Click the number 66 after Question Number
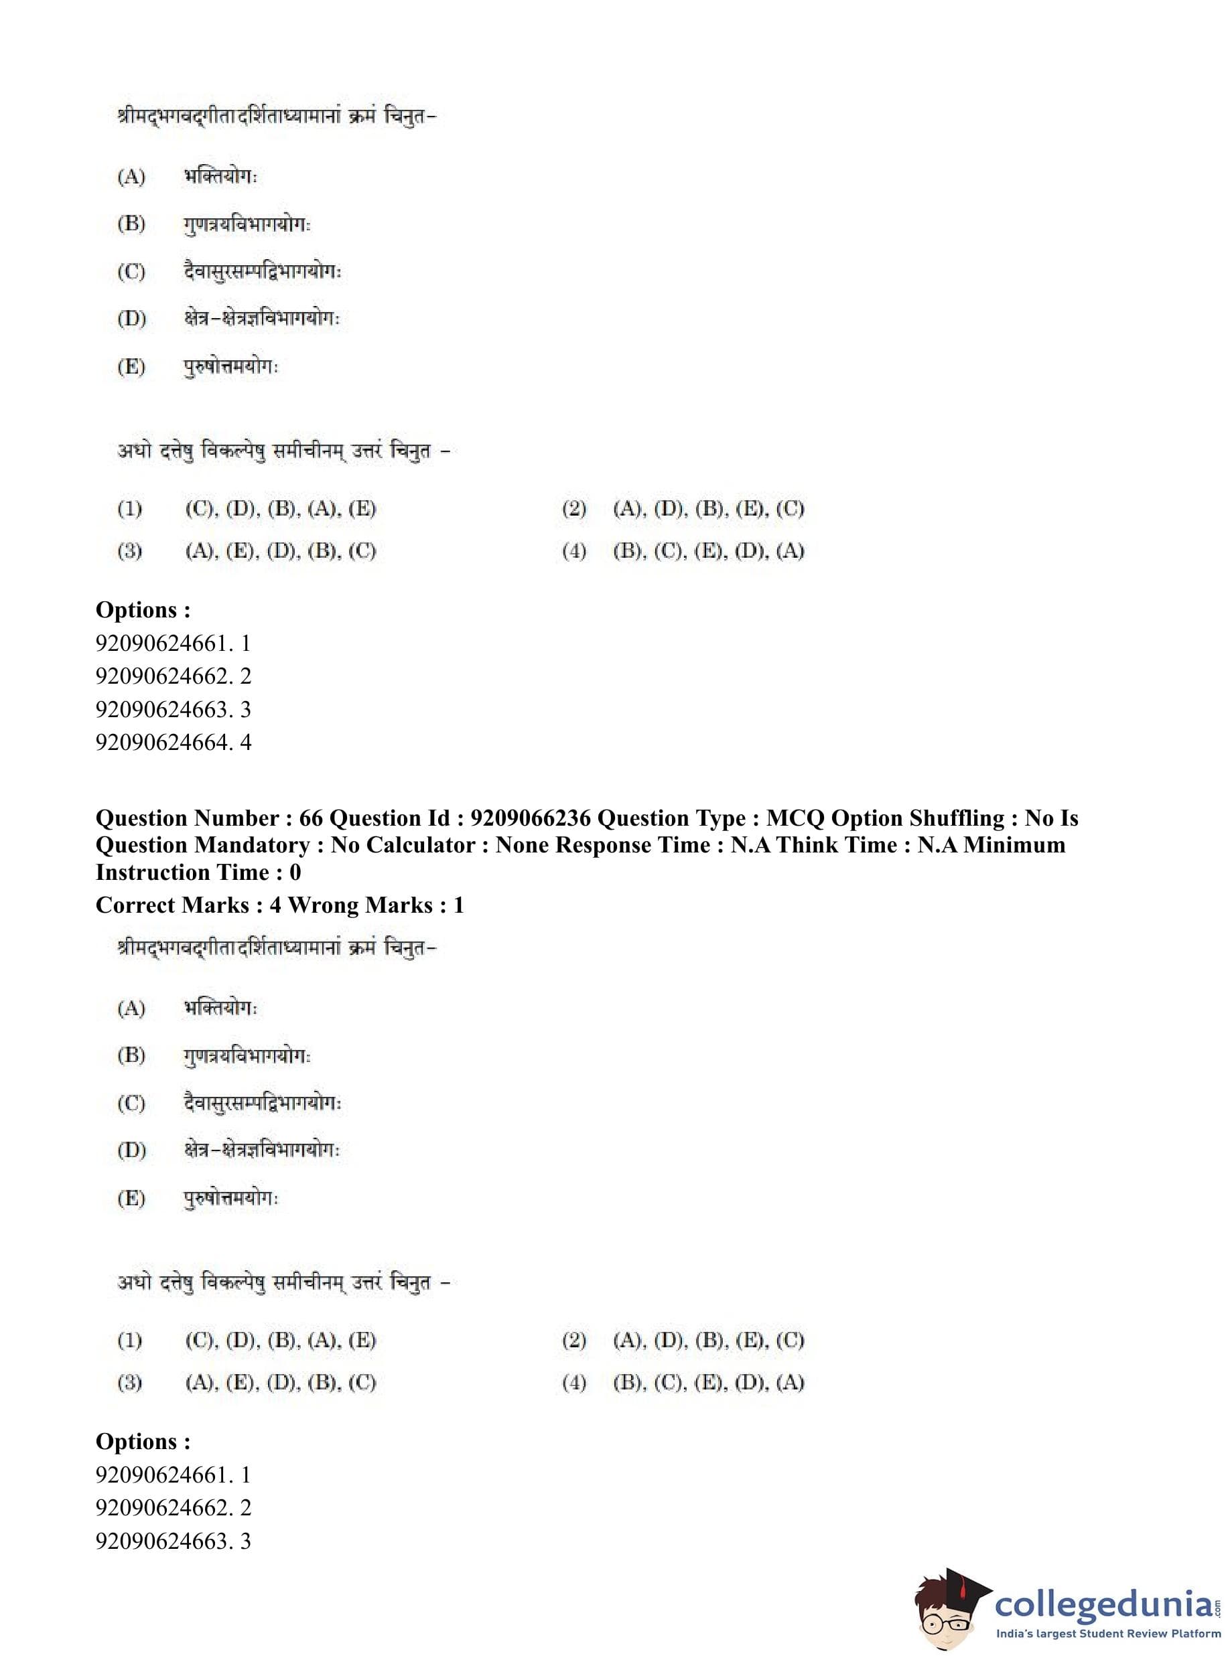(310, 818)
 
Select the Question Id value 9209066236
(530, 818)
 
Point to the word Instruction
(149, 872)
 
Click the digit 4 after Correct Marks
(275, 905)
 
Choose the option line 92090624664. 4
(174, 742)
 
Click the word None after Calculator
(521, 845)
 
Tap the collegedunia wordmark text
(1103, 1604)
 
